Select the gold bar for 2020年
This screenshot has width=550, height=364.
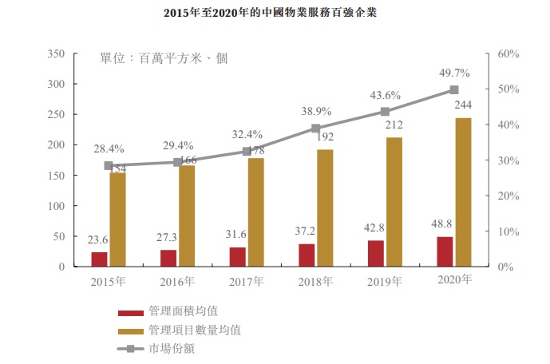[462, 192]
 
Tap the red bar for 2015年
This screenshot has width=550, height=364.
[99, 259]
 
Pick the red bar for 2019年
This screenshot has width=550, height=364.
[375, 253]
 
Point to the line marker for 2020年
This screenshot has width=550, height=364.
[454, 90]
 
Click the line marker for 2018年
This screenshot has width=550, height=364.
[315, 128]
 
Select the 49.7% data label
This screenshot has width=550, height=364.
[454, 73]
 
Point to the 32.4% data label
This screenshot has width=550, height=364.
[247, 135]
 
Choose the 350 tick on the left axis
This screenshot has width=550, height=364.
[55, 53]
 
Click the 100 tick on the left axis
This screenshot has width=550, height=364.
[55, 206]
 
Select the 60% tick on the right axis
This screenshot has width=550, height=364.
[508, 53]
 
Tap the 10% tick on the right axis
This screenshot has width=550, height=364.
[508, 231]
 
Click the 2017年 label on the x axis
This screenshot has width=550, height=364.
[247, 281]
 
